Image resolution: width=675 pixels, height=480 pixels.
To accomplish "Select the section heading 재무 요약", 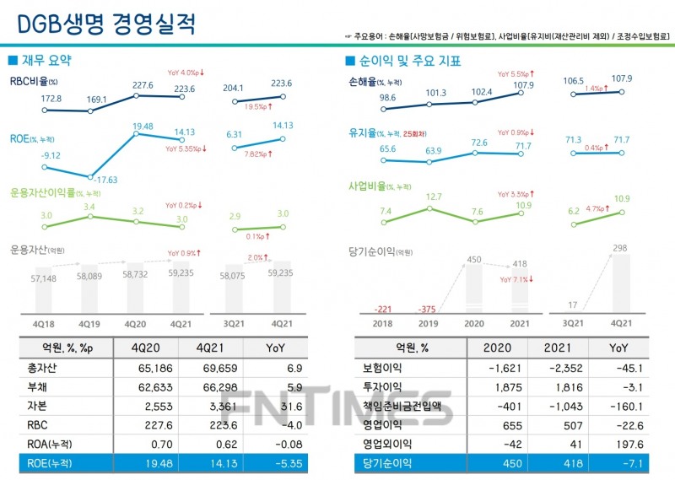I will [x=46, y=61].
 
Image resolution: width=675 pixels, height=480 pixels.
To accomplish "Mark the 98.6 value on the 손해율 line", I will [x=387, y=98].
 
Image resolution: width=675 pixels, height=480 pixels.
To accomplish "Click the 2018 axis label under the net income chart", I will [x=382, y=323].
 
